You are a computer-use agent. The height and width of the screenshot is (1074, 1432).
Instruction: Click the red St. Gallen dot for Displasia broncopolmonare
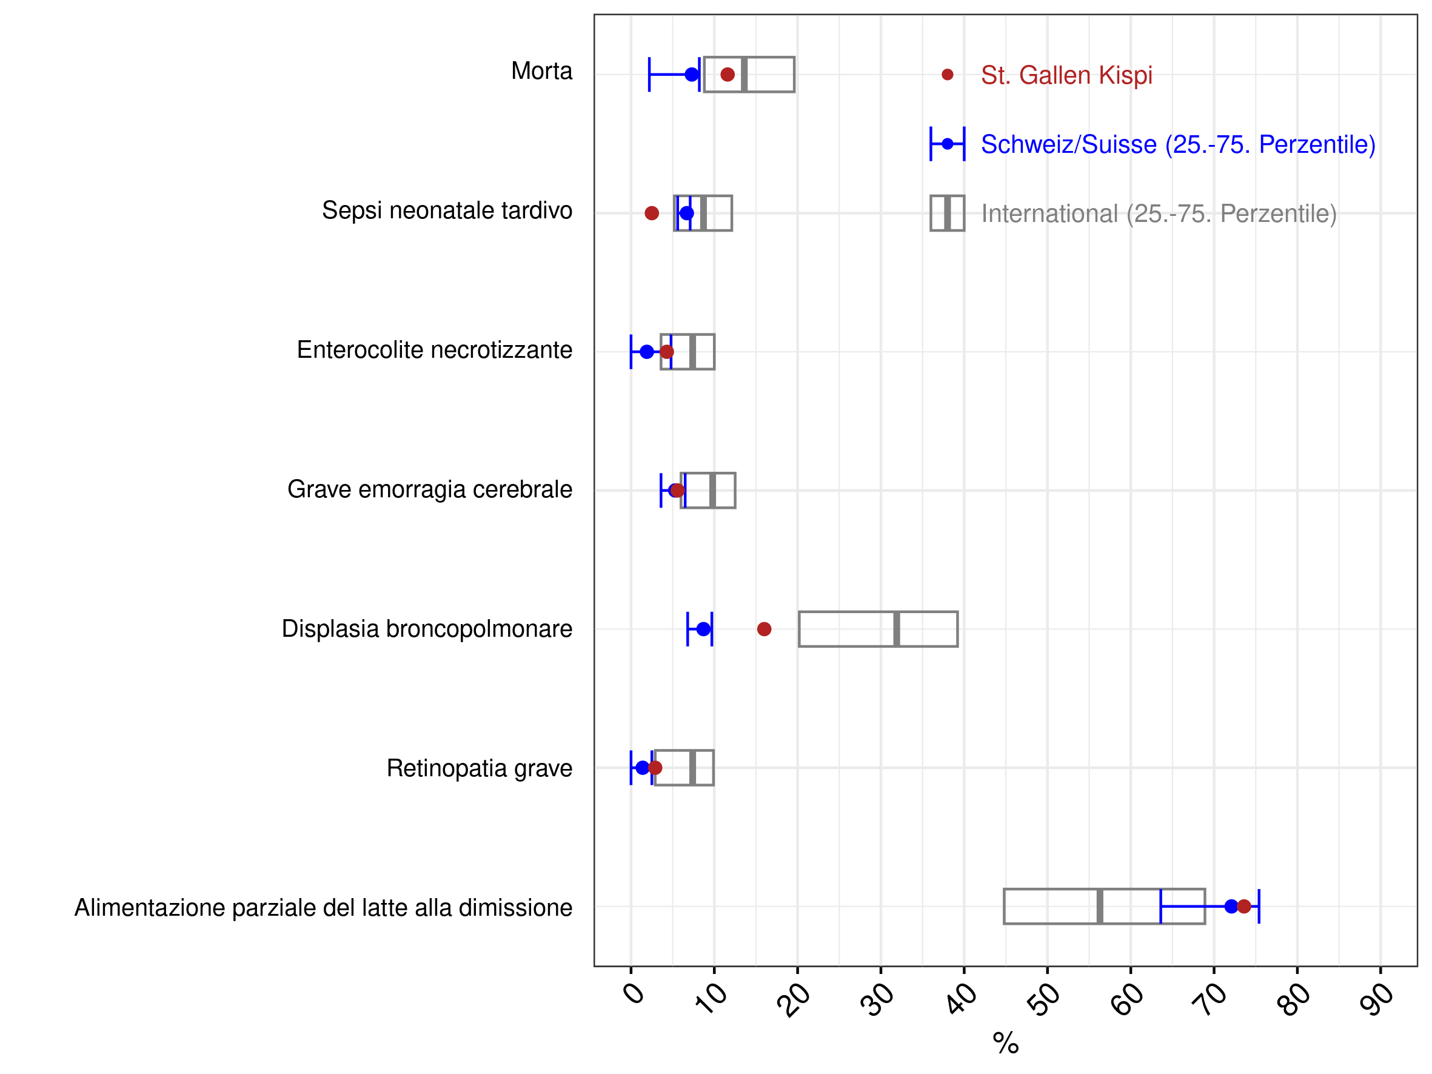pyautogui.click(x=764, y=629)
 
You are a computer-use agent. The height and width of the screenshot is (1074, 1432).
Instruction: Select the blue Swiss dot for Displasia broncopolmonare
pyautogui.click(x=703, y=629)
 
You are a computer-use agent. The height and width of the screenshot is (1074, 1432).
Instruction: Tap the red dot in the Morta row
pyautogui.click(x=728, y=75)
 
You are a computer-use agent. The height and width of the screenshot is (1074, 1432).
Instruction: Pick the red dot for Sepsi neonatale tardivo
pyautogui.click(x=652, y=213)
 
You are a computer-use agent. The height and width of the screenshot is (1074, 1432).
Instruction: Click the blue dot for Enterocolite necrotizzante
pyautogui.click(x=647, y=352)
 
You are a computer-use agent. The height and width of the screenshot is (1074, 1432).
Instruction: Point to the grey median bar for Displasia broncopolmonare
pyautogui.click(x=897, y=629)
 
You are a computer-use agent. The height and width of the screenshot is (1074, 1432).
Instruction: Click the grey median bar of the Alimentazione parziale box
pyautogui.click(x=1100, y=907)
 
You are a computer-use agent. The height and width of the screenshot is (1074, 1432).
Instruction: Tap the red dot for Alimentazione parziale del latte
pyautogui.click(x=1243, y=907)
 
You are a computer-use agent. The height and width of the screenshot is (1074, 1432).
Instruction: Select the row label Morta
pyautogui.click(x=542, y=71)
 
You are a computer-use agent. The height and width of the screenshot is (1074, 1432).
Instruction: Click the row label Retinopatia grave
pyautogui.click(x=480, y=768)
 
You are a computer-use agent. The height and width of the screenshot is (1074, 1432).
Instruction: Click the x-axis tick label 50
pyautogui.click(x=1043, y=999)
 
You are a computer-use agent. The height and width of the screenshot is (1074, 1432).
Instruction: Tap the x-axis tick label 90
pyautogui.click(x=1376, y=999)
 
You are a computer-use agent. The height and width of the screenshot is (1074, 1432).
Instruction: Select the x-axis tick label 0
pyautogui.click(x=634, y=993)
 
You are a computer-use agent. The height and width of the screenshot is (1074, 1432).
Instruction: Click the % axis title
pyautogui.click(x=1006, y=1043)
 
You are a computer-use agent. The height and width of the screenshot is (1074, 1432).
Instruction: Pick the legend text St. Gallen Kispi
pyautogui.click(x=1067, y=75)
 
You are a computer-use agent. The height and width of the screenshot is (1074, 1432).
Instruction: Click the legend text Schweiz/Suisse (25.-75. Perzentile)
pyautogui.click(x=1178, y=144)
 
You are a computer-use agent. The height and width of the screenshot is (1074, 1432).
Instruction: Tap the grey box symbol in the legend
pyautogui.click(x=947, y=213)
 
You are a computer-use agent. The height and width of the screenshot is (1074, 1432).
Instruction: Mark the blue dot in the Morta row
pyautogui.click(x=692, y=75)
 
